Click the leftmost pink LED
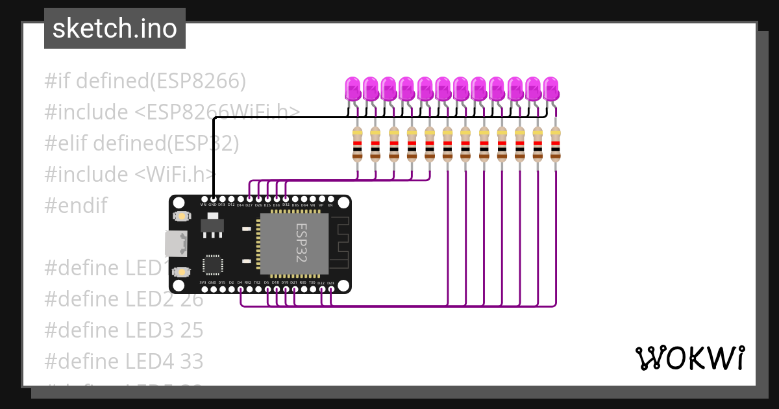coord(352,88)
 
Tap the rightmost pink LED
coord(550,88)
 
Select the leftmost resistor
coord(357,144)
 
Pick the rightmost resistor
coord(556,144)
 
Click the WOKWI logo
coord(690,358)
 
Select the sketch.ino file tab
coord(115,29)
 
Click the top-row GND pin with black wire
coord(213,199)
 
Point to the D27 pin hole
coord(249,199)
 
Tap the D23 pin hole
coord(331,289)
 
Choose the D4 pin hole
coord(240,289)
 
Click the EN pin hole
coord(330,199)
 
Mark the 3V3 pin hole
coord(204,289)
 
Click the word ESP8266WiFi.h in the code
coord(217,112)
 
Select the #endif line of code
coord(75,206)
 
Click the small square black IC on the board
coord(212,265)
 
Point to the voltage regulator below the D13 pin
coord(212,225)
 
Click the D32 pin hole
coord(286,199)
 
